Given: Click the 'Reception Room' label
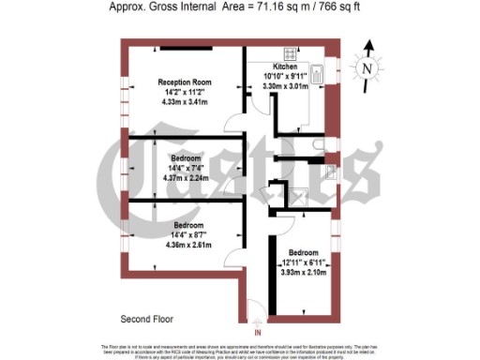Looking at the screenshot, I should (184, 82).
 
